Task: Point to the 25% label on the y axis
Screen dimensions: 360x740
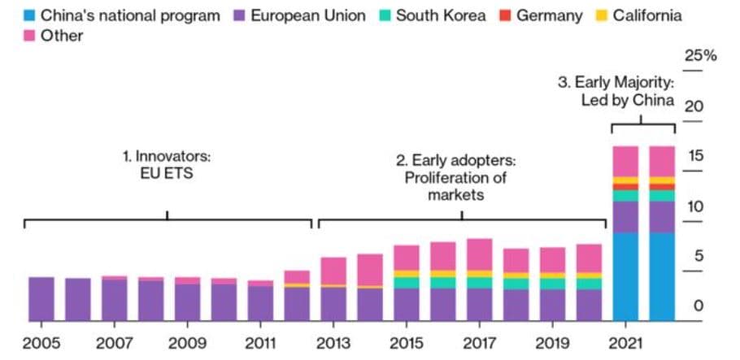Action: pyautogui.click(x=700, y=56)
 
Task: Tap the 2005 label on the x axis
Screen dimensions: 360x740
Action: pyautogui.click(x=41, y=344)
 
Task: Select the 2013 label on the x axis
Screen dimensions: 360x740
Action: pyautogui.click(x=334, y=344)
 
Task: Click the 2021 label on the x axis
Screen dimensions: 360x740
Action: pyautogui.click(x=626, y=344)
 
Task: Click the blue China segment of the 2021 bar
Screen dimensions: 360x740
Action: pyautogui.click(x=625, y=276)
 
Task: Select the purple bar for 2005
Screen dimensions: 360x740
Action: pyautogui.click(x=41, y=299)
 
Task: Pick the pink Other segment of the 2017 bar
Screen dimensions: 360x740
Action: pyautogui.click(x=479, y=254)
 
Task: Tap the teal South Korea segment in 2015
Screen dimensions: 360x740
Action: pyautogui.click(x=406, y=283)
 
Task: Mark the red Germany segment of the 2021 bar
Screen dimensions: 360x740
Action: pyautogui.click(x=625, y=187)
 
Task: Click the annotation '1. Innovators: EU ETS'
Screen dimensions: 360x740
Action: pyautogui.click(x=167, y=163)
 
